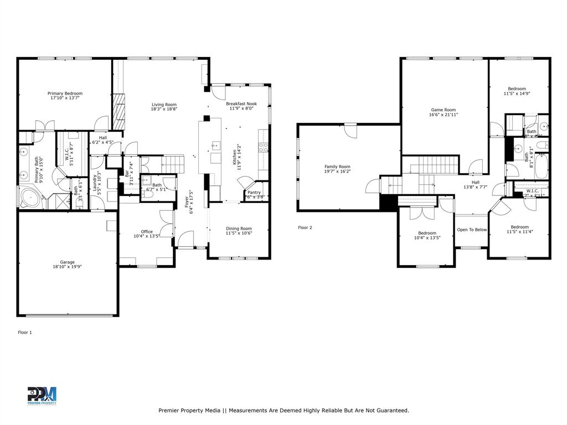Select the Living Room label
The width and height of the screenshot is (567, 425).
point(164,105)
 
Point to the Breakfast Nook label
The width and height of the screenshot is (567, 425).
point(241,104)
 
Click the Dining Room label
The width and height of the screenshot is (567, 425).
point(239,229)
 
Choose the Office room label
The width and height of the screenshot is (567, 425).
point(147,232)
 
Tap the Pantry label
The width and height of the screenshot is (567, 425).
point(254,192)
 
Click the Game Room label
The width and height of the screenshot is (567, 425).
point(443,110)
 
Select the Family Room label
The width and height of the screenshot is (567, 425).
point(337,167)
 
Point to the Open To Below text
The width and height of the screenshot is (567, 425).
point(472,230)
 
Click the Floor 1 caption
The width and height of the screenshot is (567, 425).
point(25,333)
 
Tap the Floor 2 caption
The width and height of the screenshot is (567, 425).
point(305,227)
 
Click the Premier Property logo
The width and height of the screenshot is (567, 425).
point(42,396)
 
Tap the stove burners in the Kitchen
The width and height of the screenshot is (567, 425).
point(264,147)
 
